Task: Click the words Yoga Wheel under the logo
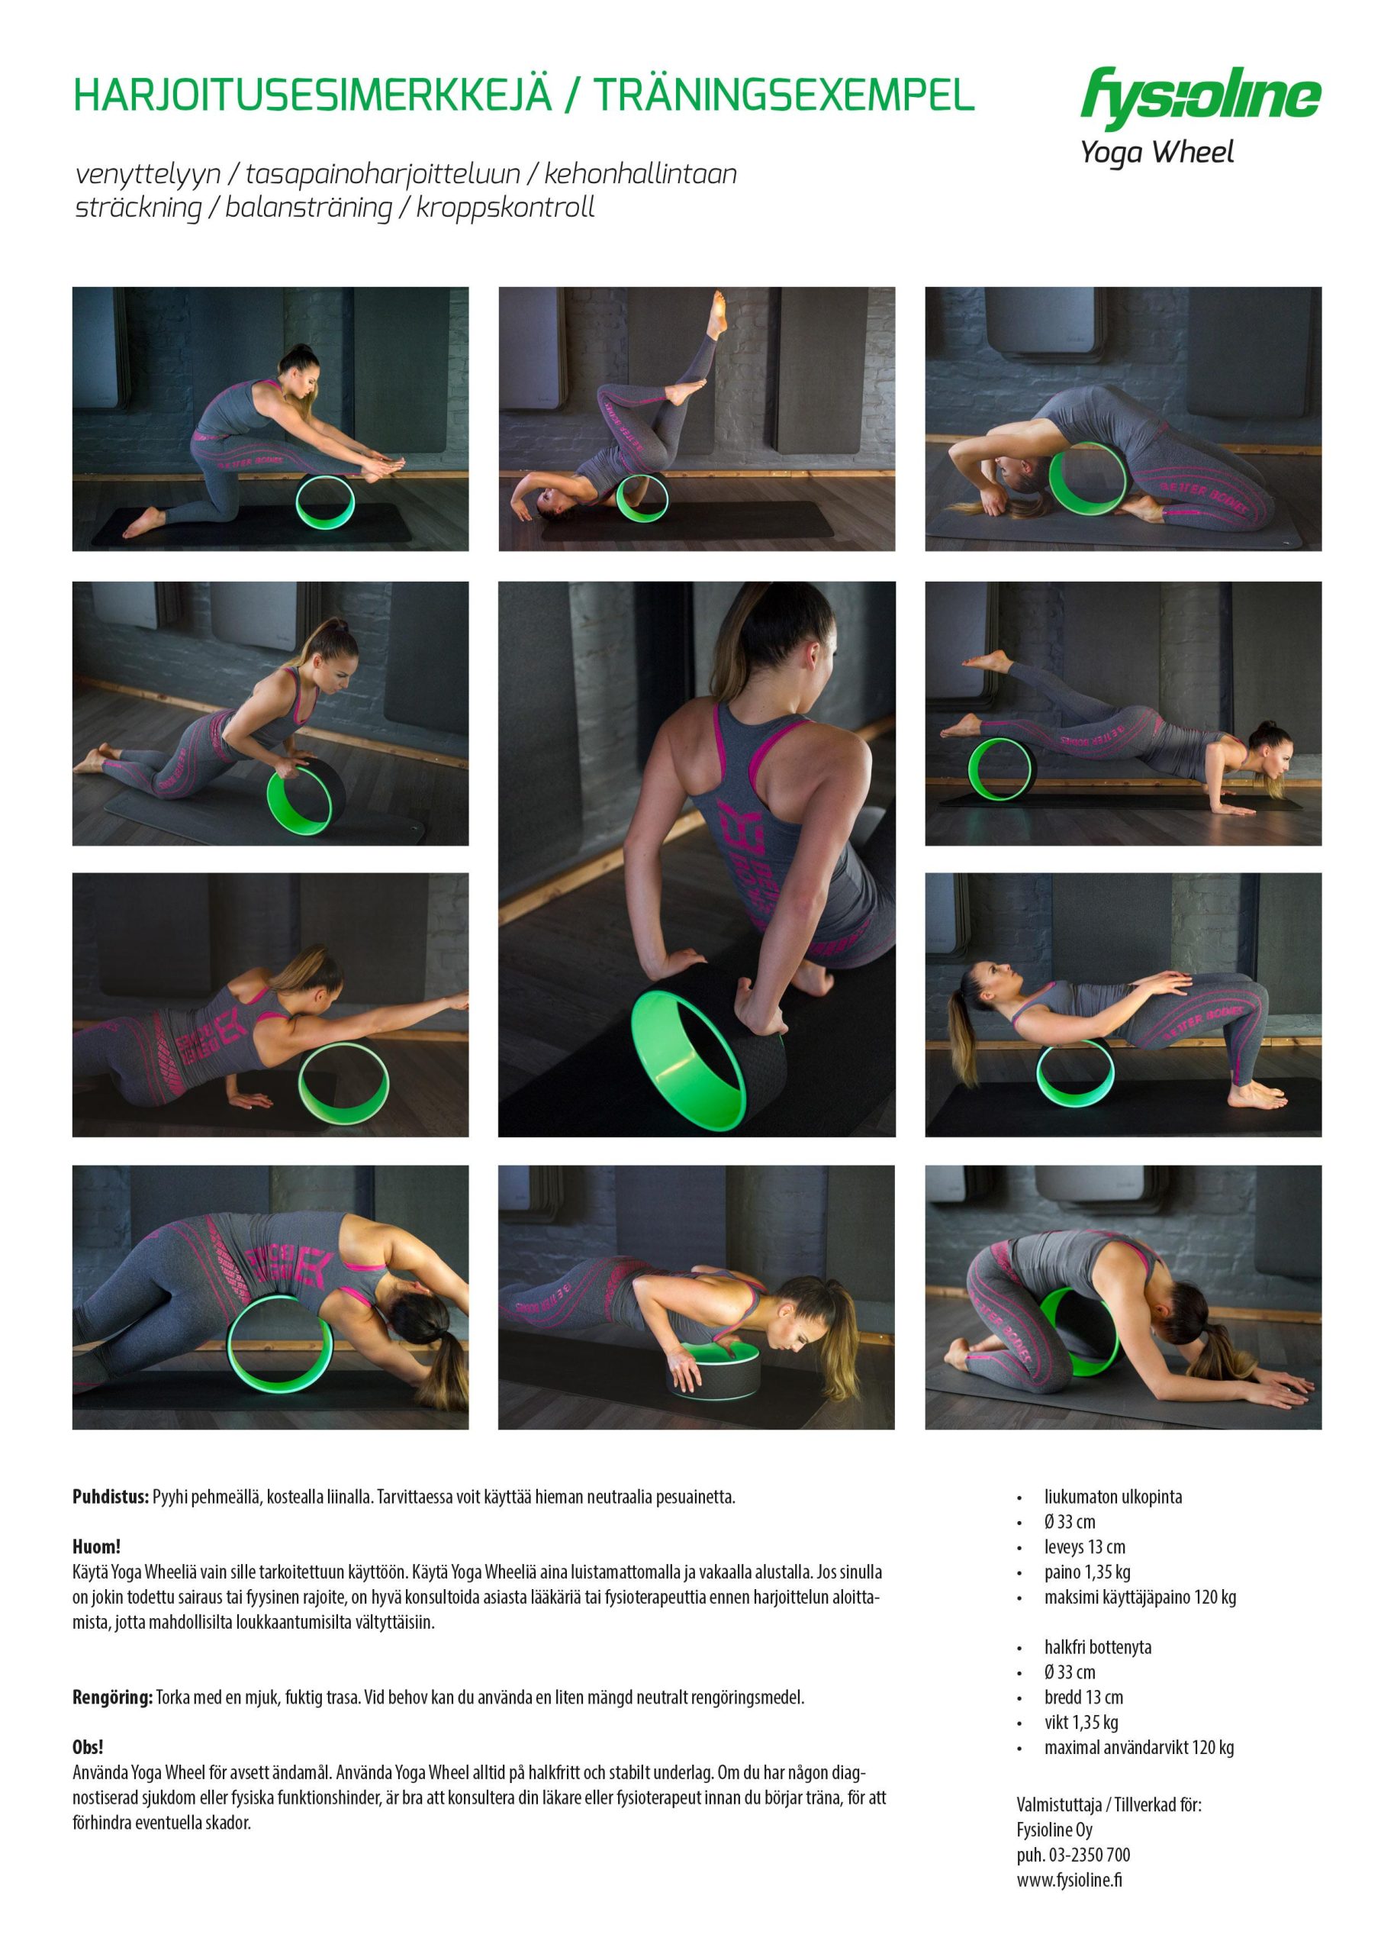click(1157, 153)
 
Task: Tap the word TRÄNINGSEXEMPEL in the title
click(784, 95)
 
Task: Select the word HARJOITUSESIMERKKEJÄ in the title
click(313, 95)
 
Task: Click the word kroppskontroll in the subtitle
click(505, 208)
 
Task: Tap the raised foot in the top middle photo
click(719, 313)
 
